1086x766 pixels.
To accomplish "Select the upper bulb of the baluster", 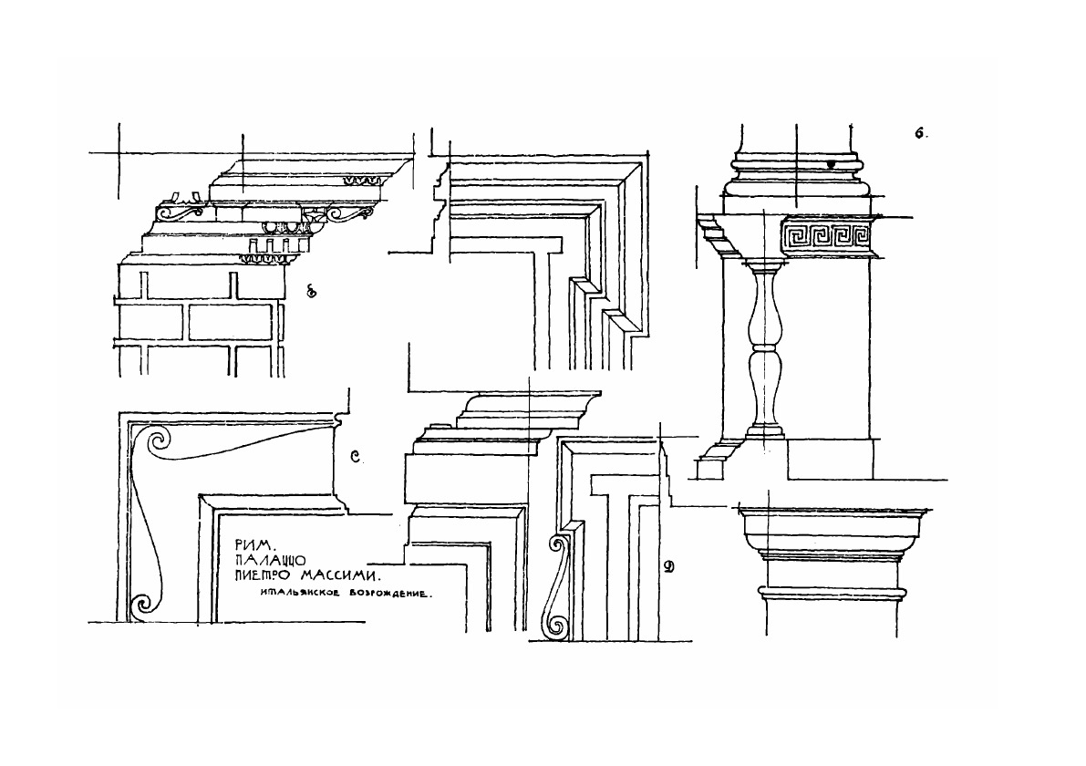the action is click(764, 315).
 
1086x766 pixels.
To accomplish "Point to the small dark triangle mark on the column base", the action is click(831, 165).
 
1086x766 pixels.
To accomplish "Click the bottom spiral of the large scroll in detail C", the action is click(141, 603).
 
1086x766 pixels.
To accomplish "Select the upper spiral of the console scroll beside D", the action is click(554, 546).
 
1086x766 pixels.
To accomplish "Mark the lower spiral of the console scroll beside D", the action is click(553, 625).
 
